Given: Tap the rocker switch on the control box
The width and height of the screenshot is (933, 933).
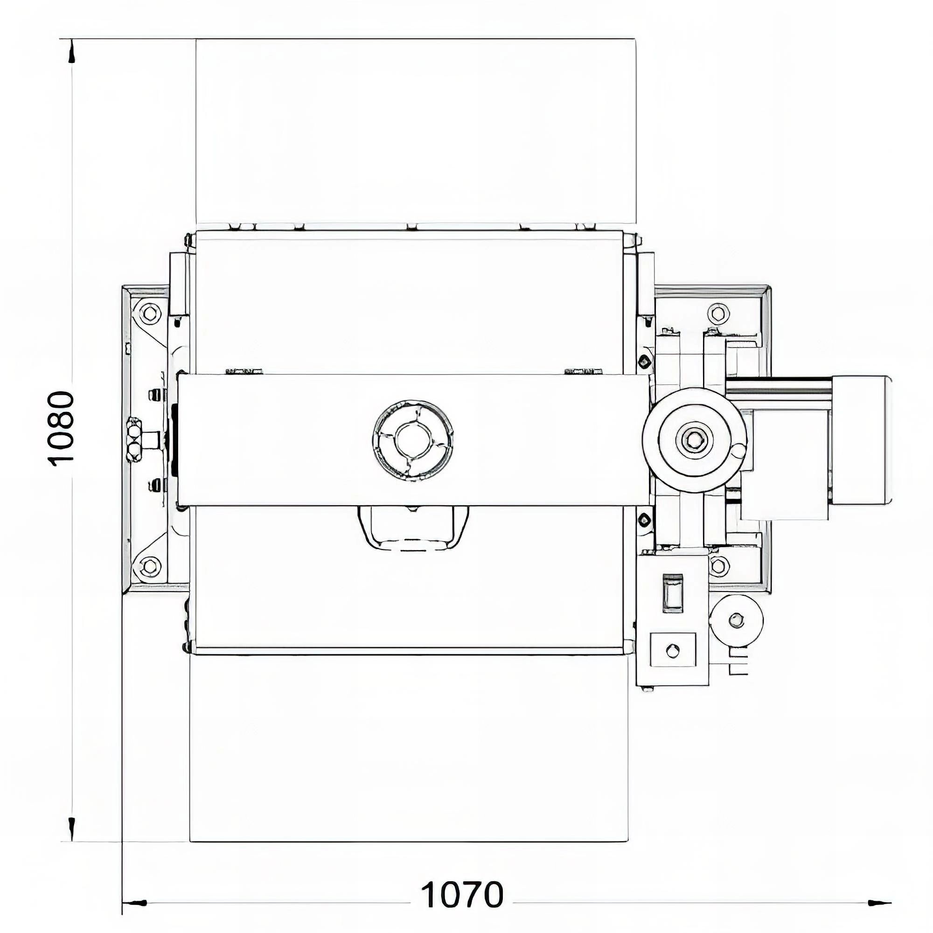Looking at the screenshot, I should point(672,592).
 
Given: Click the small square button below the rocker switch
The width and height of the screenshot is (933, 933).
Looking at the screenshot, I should point(673,651).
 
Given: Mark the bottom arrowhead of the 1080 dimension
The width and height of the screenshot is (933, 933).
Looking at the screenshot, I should point(71,827).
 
